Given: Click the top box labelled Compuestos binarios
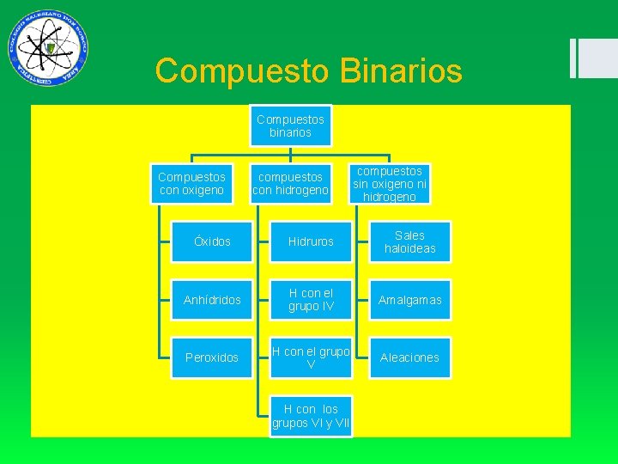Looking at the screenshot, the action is [x=290, y=126].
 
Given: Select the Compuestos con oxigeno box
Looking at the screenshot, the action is [x=191, y=183].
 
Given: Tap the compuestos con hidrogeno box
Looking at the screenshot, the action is [x=290, y=183].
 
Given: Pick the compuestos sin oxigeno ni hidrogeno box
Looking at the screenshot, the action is [x=390, y=183].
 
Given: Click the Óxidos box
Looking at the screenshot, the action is [x=212, y=241].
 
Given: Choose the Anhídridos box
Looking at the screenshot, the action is [x=212, y=300].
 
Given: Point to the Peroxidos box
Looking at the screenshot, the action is [x=212, y=357].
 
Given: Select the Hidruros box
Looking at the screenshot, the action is [x=311, y=241].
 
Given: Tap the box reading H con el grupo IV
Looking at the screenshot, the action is [x=311, y=300].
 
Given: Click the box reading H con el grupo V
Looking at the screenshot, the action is [x=311, y=357].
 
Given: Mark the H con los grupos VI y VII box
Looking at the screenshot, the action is [x=311, y=416].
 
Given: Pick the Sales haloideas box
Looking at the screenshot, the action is [x=409, y=241].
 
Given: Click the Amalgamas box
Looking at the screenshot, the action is [x=409, y=300].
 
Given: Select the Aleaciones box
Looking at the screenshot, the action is [x=409, y=357].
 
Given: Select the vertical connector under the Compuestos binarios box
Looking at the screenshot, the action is [x=290, y=152].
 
